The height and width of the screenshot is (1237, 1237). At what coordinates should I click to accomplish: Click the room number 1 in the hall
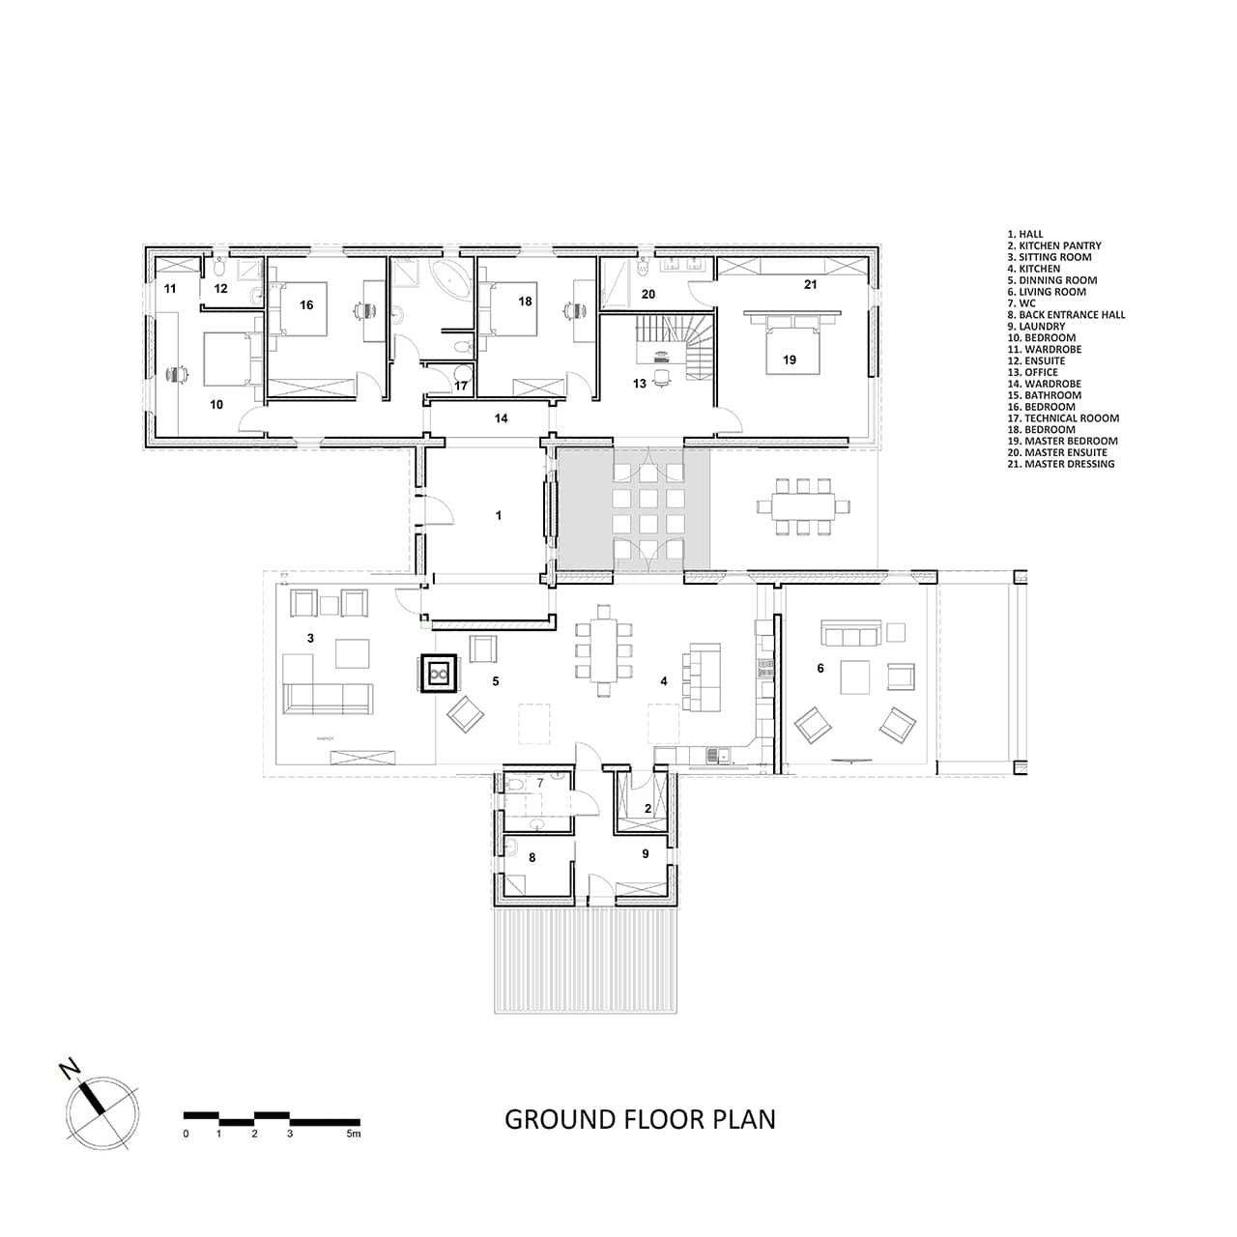tap(499, 516)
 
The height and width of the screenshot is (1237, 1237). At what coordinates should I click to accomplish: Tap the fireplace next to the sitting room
tap(439, 674)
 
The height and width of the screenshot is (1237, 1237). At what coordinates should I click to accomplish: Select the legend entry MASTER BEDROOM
tap(1062, 441)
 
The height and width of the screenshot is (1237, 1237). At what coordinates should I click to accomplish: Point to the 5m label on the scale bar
tap(354, 1134)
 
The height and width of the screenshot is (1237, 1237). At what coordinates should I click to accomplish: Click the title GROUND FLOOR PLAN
tap(640, 1119)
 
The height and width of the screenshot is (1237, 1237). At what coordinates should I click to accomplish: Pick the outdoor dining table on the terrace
tap(802, 504)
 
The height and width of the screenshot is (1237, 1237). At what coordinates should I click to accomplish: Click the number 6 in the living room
tap(820, 668)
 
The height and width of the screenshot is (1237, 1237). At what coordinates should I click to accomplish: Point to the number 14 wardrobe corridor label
tap(501, 418)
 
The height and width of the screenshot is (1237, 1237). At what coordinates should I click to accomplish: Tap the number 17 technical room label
tap(461, 386)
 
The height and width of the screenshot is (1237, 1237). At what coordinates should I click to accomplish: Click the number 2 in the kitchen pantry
tap(647, 809)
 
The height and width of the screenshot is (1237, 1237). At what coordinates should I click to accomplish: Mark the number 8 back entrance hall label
tap(532, 856)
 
